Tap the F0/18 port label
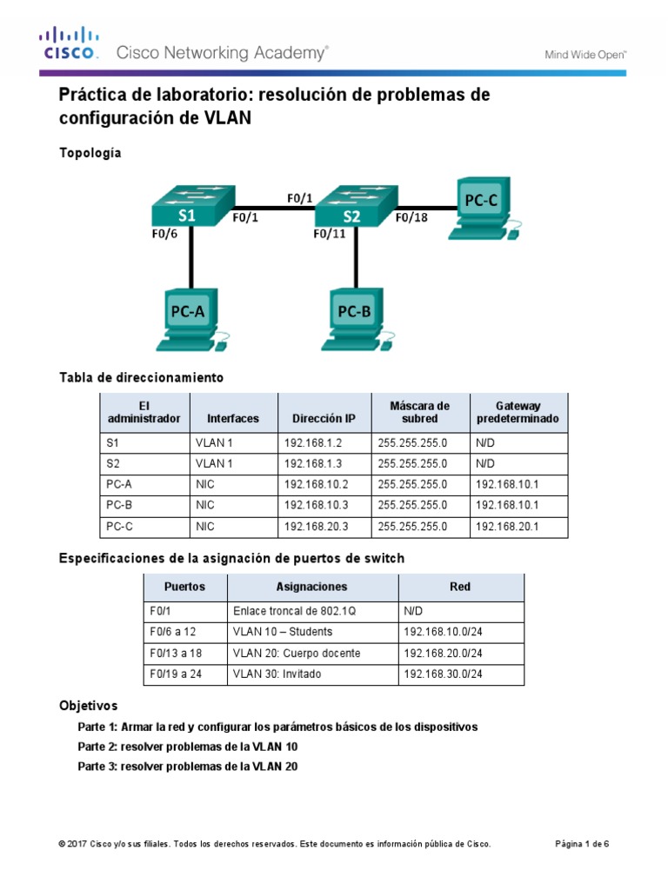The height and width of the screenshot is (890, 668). (x=411, y=219)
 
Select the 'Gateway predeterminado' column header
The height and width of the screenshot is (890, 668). (x=518, y=412)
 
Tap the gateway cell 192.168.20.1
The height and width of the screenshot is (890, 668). (x=506, y=527)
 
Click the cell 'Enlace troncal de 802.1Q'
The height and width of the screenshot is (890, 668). (x=294, y=611)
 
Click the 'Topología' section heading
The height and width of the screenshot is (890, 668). (x=90, y=153)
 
